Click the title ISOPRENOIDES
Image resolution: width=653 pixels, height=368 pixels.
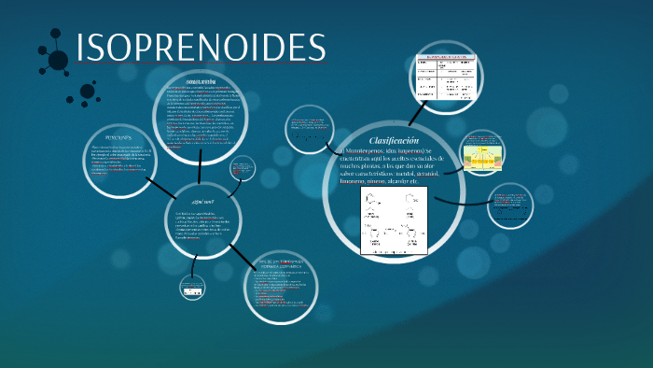tap(200, 50)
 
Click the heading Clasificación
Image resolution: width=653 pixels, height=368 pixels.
tap(367, 138)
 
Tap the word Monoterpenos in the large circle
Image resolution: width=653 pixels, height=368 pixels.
tap(368, 150)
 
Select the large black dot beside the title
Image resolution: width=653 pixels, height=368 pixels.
tap(58, 61)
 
